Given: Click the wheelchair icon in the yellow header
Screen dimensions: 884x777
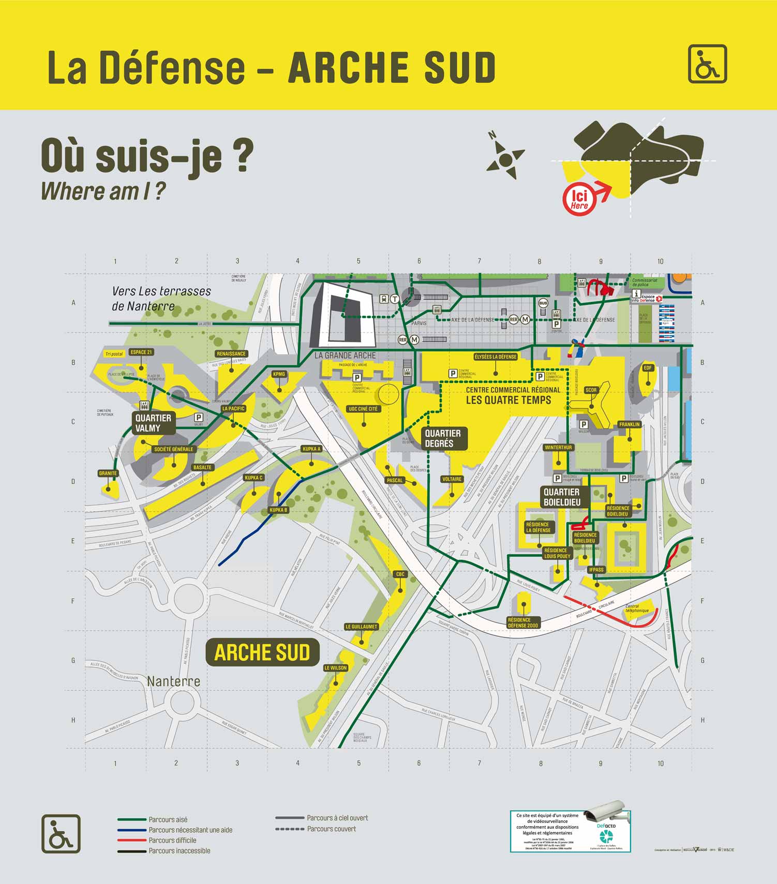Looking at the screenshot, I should (x=707, y=64).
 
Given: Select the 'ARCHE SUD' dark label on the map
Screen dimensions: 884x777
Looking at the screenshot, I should (x=262, y=652).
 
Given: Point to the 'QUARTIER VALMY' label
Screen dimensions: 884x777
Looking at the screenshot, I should (x=153, y=423).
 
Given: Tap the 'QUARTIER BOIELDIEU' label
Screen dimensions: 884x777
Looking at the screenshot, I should (x=561, y=497).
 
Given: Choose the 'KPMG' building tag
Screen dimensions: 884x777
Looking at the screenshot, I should (x=279, y=374).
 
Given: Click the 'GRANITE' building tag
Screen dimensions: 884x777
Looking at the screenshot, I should (x=108, y=473).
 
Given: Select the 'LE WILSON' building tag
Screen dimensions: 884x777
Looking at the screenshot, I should (x=335, y=668).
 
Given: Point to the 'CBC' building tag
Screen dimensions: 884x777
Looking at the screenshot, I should (x=400, y=574).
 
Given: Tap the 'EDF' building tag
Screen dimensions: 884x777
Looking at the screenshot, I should (x=648, y=368).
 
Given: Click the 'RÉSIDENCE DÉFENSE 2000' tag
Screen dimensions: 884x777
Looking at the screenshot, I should (x=523, y=622).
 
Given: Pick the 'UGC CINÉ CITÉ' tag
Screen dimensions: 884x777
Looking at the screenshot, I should (x=363, y=409).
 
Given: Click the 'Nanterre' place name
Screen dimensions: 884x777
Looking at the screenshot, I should (x=173, y=681).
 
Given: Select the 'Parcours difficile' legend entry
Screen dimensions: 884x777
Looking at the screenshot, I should (x=172, y=840).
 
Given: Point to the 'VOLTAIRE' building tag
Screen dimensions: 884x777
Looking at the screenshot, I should (x=452, y=479).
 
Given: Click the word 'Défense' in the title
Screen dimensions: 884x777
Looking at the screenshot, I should (x=172, y=68).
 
